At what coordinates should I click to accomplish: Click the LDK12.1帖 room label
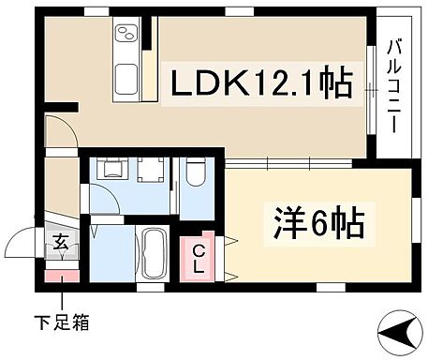(x=259, y=84)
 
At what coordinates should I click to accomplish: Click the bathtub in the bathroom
(x=154, y=253)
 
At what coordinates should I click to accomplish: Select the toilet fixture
(x=194, y=174)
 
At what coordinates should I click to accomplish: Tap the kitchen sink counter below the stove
(x=125, y=79)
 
